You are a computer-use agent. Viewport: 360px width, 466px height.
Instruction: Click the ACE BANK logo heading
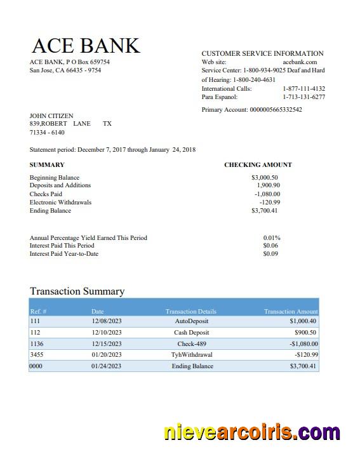tap(86, 46)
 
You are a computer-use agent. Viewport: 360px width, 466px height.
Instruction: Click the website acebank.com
tap(299, 62)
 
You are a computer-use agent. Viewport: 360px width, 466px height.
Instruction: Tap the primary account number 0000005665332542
tap(275, 110)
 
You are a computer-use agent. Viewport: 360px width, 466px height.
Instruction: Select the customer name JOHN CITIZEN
tap(51, 116)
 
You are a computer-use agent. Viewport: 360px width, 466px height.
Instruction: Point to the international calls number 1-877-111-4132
tap(303, 89)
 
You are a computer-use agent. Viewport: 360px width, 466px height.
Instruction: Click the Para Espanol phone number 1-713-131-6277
tap(303, 97)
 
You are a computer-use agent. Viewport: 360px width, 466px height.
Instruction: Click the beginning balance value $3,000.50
tap(265, 178)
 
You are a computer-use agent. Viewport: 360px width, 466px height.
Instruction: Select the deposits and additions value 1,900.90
tap(268, 185)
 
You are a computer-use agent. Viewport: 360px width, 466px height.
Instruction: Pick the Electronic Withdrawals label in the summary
tap(60, 203)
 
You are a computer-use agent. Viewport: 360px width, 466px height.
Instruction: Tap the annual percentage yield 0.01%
tap(272, 238)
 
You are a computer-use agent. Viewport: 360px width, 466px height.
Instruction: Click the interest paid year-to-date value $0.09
tap(270, 254)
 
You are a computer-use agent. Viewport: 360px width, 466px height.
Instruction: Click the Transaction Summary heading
tap(77, 291)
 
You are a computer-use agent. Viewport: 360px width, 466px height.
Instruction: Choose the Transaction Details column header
tap(190, 312)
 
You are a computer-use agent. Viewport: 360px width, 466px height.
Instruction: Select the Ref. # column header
tap(38, 312)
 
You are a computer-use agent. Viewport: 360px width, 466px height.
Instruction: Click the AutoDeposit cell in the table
tap(191, 321)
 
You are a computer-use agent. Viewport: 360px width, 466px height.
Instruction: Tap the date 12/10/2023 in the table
tap(106, 332)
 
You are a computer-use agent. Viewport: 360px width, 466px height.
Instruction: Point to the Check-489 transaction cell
tap(192, 343)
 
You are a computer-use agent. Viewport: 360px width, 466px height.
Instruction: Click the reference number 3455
tap(37, 354)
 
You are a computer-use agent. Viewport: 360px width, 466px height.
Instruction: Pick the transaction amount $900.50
tap(305, 332)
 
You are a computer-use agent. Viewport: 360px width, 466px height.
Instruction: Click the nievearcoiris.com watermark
tap(251, 433)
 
